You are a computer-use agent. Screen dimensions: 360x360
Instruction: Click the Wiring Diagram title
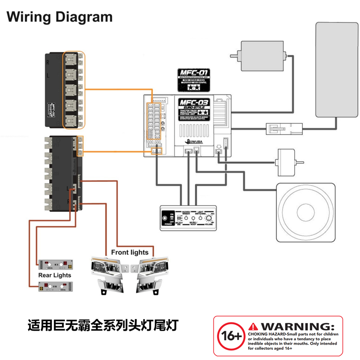coord(59,17)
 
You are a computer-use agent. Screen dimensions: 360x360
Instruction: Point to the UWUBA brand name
coord(195,142)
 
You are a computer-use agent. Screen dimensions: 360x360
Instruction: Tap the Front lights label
coord(130,252)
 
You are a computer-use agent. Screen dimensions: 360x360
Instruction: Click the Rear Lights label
coord(55,275)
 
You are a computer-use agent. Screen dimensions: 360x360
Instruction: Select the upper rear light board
coord(55,263)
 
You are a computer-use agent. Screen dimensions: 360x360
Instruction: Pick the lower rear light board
coord(55,285)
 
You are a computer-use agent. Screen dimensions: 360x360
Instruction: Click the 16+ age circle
coord(230,336)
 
